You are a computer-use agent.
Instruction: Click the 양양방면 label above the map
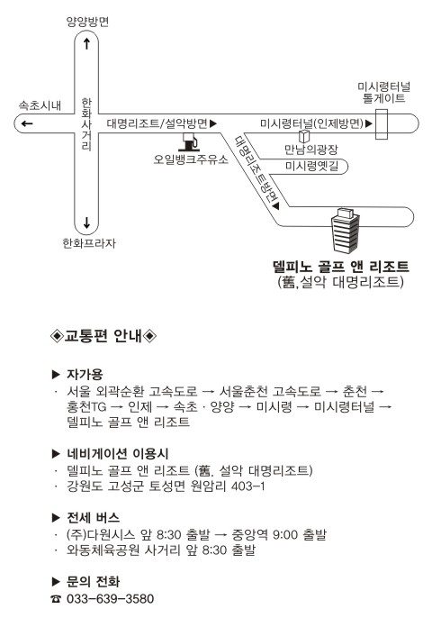pyautogui.click(x=87, y=22)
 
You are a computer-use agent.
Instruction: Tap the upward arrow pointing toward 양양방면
pyautogui.click(x=86, y=43)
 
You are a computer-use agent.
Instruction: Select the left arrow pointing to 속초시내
pyautogui.click(x=27, y=123)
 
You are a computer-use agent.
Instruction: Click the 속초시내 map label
pyautogui.click(x=40, y=105)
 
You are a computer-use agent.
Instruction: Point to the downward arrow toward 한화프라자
pyautogui.click(x=86, y=223)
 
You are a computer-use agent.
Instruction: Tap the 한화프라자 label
pyautogui.click(x=89, y=243)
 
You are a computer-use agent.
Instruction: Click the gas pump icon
pyautogui.click(x=189, y=142)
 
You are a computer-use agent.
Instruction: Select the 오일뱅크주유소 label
pyautogui.click(x=191, y=159)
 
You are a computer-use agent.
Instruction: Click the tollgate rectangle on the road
pyautogui.click(x=382, y=124)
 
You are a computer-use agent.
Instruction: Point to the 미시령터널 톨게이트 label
pyautogui.click(x=383, y=92)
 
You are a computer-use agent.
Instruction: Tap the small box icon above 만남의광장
pyautogui.click(x=304, y=136)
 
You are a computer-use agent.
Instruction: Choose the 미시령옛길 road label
pyautogui.click(x=311, y=166)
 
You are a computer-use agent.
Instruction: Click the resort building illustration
pyautogui.click(x=345, y=231)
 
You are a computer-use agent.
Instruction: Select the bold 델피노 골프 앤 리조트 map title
pyautogui.click(x=340, y=267)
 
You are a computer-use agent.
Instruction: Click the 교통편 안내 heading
pyautogui.click(x=103, y=336)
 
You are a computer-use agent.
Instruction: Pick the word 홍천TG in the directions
pyautogui.click(x=86, y=406)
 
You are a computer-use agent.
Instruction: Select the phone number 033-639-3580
pyautogui.click(x=111, y=598)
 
